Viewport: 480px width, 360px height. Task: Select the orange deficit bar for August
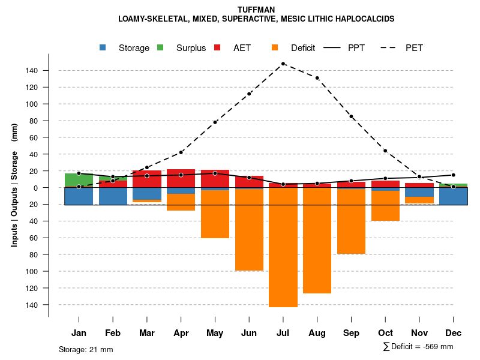click(317, 240)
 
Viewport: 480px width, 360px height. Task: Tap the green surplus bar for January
click(79, 180)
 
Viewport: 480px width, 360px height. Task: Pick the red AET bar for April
click(181, 178)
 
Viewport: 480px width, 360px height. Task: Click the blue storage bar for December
click(453, 196)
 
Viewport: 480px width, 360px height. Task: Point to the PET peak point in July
click(283, 64)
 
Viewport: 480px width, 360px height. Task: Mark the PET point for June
click(249, 94)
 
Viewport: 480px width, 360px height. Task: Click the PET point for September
click(351, 116)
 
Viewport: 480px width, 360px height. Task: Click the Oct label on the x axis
click(385, 333)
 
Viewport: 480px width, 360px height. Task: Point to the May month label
click(215, 333)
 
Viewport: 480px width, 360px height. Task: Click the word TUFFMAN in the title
click(256, 10)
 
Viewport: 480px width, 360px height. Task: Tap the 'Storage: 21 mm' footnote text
click(86, 349)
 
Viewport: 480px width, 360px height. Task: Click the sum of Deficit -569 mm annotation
click(418, 347)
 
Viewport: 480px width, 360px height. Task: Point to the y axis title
click(14, 188)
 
